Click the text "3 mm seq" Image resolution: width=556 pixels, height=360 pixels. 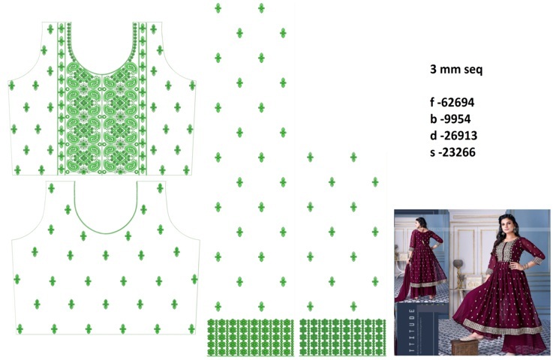pos(456,69)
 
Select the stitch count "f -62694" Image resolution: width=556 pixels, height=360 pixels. pos(452,103)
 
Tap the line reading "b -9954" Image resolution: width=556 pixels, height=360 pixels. pos(450,119)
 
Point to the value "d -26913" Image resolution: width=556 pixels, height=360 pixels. pos(453,136)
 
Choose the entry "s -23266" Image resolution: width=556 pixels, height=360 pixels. pos(452,152)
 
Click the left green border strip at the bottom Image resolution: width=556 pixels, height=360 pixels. pos(251,337)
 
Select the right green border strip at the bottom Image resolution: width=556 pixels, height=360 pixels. pos(343,337)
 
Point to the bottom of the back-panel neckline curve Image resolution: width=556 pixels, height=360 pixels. pos(106,233)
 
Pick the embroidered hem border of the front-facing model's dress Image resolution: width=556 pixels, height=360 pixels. pos(511,328)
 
